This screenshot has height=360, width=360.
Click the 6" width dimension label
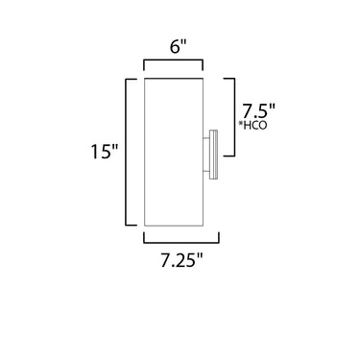(178, 47)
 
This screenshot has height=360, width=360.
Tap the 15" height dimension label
(105, 151)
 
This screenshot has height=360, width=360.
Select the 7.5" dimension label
(258, 111)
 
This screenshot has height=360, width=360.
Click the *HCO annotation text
(252, 126)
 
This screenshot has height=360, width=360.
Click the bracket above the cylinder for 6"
(173, 60)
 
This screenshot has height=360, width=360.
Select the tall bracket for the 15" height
(126, 152)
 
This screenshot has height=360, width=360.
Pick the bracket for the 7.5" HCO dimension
(234, 117)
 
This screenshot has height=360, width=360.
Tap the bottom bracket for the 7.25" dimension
(181, 242)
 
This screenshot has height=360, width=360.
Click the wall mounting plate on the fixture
(213, 154)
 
